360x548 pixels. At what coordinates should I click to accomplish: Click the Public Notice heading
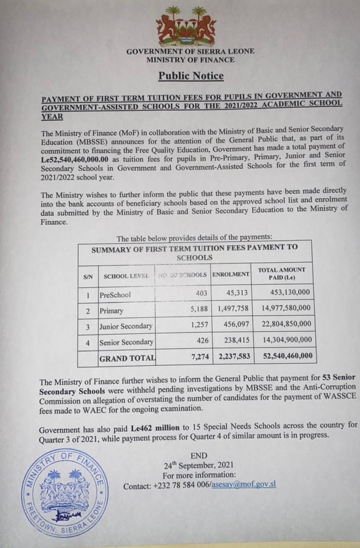(x=191, y=76)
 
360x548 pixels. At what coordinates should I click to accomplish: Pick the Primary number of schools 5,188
(x=195, y=309)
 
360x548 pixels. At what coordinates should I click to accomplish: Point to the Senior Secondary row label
(x=126, y=342)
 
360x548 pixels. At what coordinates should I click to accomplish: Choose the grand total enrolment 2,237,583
(x=232, y=358)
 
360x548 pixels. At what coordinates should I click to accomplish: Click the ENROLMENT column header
(x=231, y=275)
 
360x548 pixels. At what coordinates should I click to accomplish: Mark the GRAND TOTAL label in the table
(x=127, y=358)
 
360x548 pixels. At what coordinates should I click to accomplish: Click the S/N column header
(x=88, y=276)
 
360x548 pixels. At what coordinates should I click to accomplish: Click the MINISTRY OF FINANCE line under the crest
(x=190, y=59)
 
